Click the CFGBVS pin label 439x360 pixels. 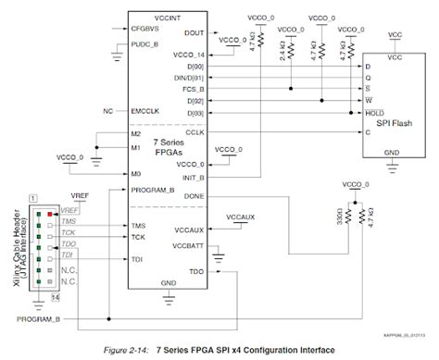click(x=148, y=29)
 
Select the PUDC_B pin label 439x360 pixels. click(x=146, y=43)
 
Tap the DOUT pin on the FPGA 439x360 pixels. click(x=194, y=33)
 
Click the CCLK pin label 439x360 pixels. click(x=194, y=133)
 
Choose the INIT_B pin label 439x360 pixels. click(x=194, y=177)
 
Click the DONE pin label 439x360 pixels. click(x=194, y=196)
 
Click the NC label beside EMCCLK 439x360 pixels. click(x=108, y=111)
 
